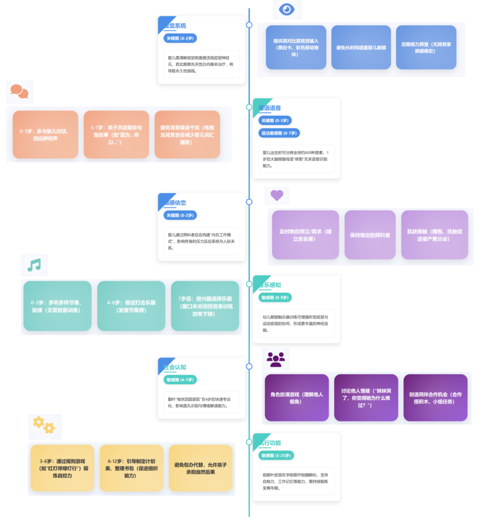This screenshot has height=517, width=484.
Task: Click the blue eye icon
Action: click(287, 9)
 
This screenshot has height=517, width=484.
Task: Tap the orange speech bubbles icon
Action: click(19, 92)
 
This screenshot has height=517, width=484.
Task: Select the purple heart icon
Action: click(277, 195)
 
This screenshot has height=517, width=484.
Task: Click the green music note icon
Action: click(34, 265)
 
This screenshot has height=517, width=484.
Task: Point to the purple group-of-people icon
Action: click(276, 359)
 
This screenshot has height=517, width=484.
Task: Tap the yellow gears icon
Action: click(44, 425)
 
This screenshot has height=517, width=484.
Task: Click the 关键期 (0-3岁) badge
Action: click(275, 121)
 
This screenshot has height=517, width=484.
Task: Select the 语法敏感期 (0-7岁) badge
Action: click(279, 133)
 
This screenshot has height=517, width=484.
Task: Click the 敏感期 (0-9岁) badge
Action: click(275, 298)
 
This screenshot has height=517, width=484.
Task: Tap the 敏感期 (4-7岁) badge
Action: click(180, 380)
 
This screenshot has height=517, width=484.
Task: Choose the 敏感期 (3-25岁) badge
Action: click(276, 456)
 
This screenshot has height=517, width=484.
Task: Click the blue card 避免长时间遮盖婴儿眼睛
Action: click(361, 48)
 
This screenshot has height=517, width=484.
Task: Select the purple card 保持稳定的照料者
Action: click(370, 235)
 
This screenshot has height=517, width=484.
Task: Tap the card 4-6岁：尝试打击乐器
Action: click(131, 306)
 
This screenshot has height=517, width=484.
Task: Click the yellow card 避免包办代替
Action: click(200, 468)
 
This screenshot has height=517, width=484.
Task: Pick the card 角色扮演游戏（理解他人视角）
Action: click(297, 398)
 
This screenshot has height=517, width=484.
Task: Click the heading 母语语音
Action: click(270, 108)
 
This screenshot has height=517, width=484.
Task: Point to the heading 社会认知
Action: click(175, 367)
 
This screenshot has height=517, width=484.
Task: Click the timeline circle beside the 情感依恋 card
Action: click(249, 202)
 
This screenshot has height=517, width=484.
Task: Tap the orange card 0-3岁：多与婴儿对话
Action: click(45, 135)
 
